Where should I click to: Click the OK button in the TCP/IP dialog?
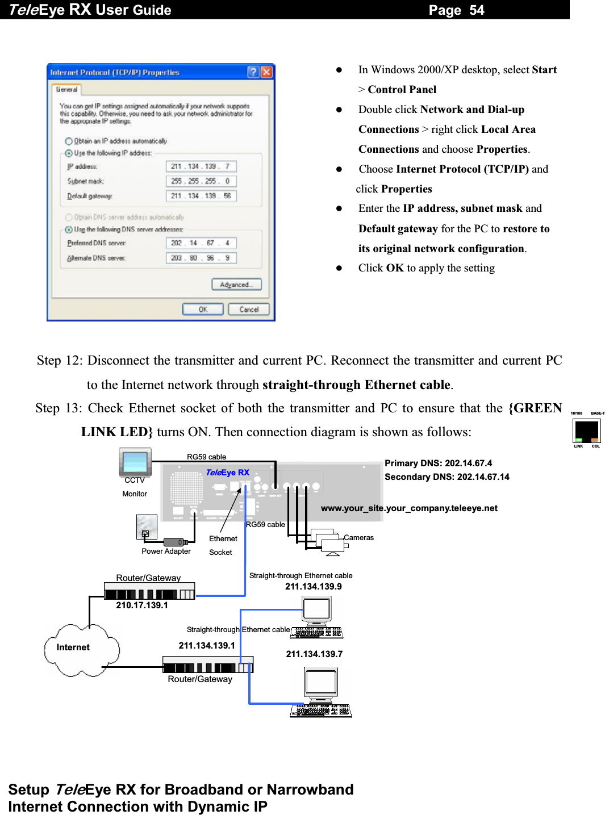[x=203, y=310]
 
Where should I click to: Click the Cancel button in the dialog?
[x=249, y=310]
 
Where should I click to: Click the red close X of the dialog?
[x=266, y=72]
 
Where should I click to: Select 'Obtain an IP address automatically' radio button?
[x=69, y=141]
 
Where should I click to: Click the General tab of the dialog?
[x=66, y=90]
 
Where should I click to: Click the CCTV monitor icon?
[x=135, y=462]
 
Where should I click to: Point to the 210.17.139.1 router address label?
[x=142, y=605]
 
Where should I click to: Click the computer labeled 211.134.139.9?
[x=317, y=616]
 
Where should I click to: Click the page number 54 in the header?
[x=477, y=10]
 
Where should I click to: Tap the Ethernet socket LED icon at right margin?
[x=587, y=431]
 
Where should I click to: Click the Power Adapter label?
[x=166, y=551]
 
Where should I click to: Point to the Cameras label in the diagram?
[x=358, y=538]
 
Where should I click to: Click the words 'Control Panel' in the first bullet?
[x=402, y=90]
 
